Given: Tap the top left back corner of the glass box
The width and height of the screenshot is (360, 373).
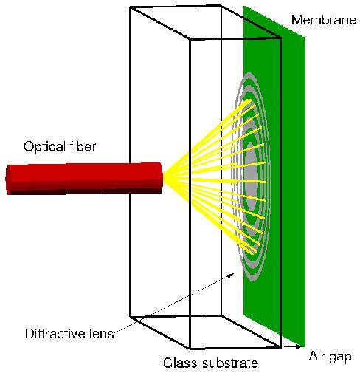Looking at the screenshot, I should [130, 8].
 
